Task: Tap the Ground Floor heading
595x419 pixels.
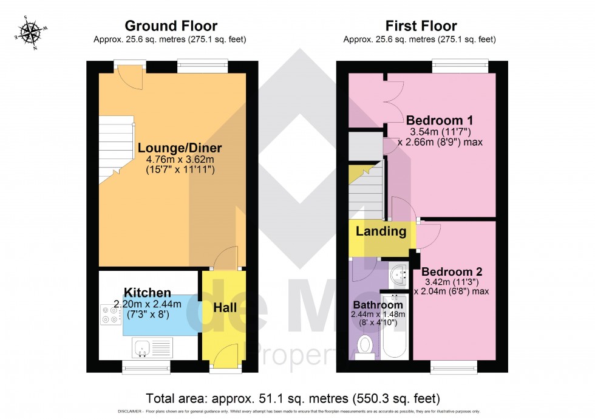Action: click(171, 26)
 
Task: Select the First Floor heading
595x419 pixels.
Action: click(421, 26)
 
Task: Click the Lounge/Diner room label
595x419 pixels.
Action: click(179, 148)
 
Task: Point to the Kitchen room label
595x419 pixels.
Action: click(148, 293)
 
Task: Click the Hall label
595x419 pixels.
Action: click(225, 308)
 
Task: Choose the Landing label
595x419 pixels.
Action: click(381, 231)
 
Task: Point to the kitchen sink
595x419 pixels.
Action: click(143, 348)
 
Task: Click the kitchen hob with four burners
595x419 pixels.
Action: click(110, 313)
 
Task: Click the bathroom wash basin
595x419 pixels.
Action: click(398, 275)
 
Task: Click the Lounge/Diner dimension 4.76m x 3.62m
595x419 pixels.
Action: click(180, 160)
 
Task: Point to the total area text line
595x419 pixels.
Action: click(293, 398)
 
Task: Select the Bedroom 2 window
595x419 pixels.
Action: click(454, 366)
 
